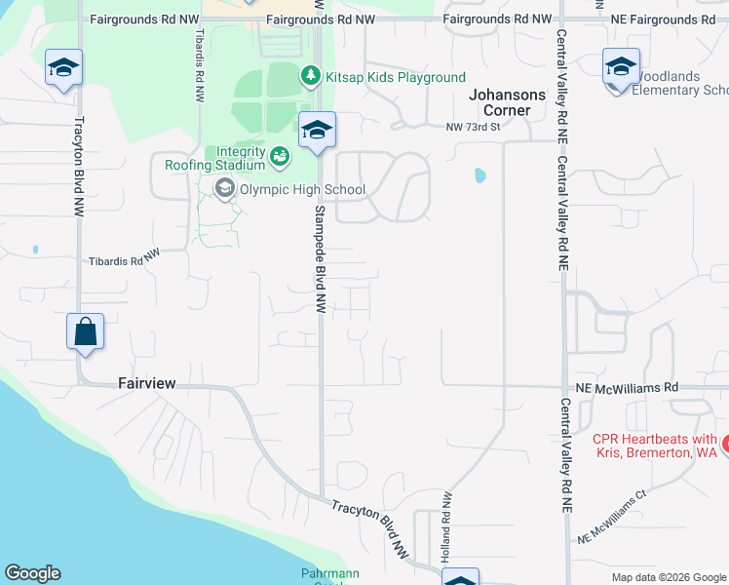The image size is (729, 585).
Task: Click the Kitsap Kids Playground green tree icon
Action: pos(310,75)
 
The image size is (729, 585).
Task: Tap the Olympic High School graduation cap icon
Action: pos(225,189)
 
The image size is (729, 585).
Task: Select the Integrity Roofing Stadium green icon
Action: pos(280,155)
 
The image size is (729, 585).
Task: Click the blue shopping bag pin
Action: pos(86,331)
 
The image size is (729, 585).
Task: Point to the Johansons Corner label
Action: pos(514,102)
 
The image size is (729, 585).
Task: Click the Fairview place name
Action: pos(147,384)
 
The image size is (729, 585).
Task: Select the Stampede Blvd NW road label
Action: pos(320,257)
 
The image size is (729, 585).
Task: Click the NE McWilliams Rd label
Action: pos(626,387)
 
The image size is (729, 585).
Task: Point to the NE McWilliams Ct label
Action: pos(612,518)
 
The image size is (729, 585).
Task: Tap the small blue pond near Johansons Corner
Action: pos(479,176)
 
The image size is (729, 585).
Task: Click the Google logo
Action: pos(32,573)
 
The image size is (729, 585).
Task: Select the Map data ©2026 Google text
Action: pos(668,577)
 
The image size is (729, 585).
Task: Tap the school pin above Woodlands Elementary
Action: pos(621,66)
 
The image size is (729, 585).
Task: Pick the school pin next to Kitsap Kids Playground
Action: pos(317,130)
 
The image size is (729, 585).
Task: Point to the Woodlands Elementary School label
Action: pos(680,91)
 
